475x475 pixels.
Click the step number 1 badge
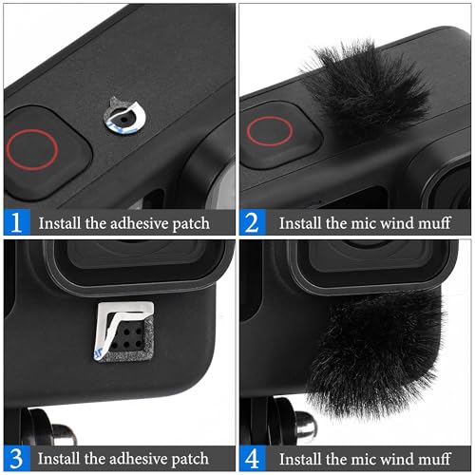(17, 222)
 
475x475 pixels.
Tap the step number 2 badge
(253, 222)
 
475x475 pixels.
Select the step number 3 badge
(17, 458)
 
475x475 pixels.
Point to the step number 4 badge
(253, 458)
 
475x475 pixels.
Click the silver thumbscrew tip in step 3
(64, 434)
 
